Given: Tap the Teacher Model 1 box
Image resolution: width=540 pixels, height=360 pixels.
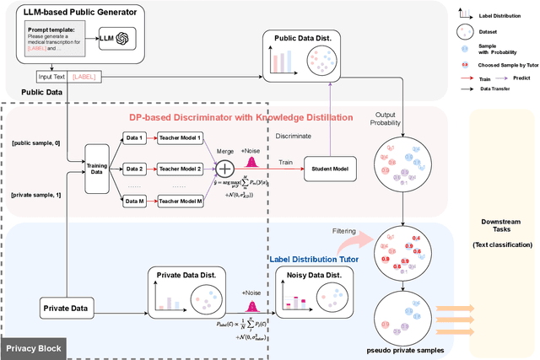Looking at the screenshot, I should pos(180,137).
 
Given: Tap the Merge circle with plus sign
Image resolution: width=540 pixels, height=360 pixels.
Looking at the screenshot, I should pos(224,169).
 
